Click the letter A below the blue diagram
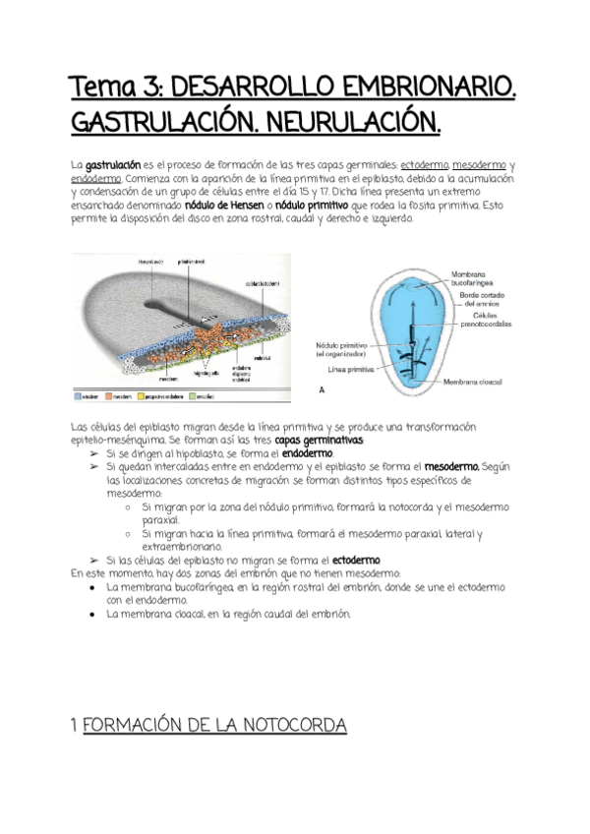click(x=324, y=390)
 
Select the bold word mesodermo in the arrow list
click(x=452, y=467)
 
